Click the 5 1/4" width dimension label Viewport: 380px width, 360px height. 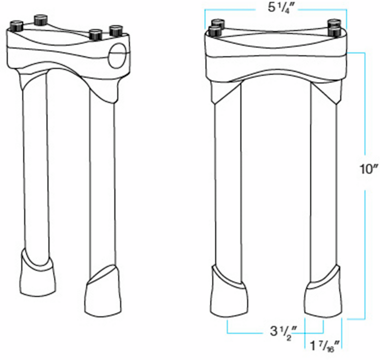pos(276,8)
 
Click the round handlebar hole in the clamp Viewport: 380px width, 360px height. pos(118,56)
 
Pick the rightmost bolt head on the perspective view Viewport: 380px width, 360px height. pos(116,30)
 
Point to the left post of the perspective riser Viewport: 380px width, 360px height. pos(35,163)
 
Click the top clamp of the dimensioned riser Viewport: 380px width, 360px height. pos(275,56)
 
